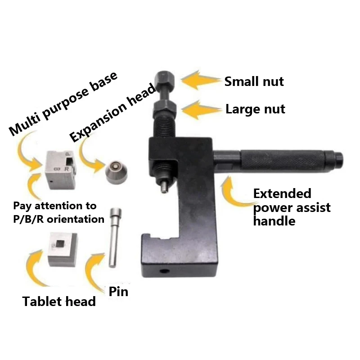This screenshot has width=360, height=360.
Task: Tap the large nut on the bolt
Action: point(165,108)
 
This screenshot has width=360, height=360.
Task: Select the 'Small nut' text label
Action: point(254,81)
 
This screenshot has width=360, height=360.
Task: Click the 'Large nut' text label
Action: point(255,109)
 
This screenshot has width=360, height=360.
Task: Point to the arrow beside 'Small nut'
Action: point(200,80)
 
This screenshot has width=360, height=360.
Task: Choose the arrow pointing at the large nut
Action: point(201,109)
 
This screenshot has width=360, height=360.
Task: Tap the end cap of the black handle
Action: point(338,159)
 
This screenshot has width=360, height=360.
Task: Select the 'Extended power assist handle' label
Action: point(292,207)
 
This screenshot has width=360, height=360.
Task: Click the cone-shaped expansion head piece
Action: point(116,172)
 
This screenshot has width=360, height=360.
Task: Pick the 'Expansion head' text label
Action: point(112,113)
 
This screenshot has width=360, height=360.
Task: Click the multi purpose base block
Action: point(60,170)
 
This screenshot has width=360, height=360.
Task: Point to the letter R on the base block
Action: point(67,169)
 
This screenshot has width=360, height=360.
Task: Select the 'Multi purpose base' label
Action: point(63,104)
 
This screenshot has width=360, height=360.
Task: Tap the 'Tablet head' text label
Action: point(59,301)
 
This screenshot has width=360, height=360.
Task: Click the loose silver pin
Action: point(114,238)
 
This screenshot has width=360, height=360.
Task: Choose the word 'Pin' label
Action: point(118,292)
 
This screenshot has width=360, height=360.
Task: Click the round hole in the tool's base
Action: point(164,271)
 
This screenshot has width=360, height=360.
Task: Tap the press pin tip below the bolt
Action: point(163,188)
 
